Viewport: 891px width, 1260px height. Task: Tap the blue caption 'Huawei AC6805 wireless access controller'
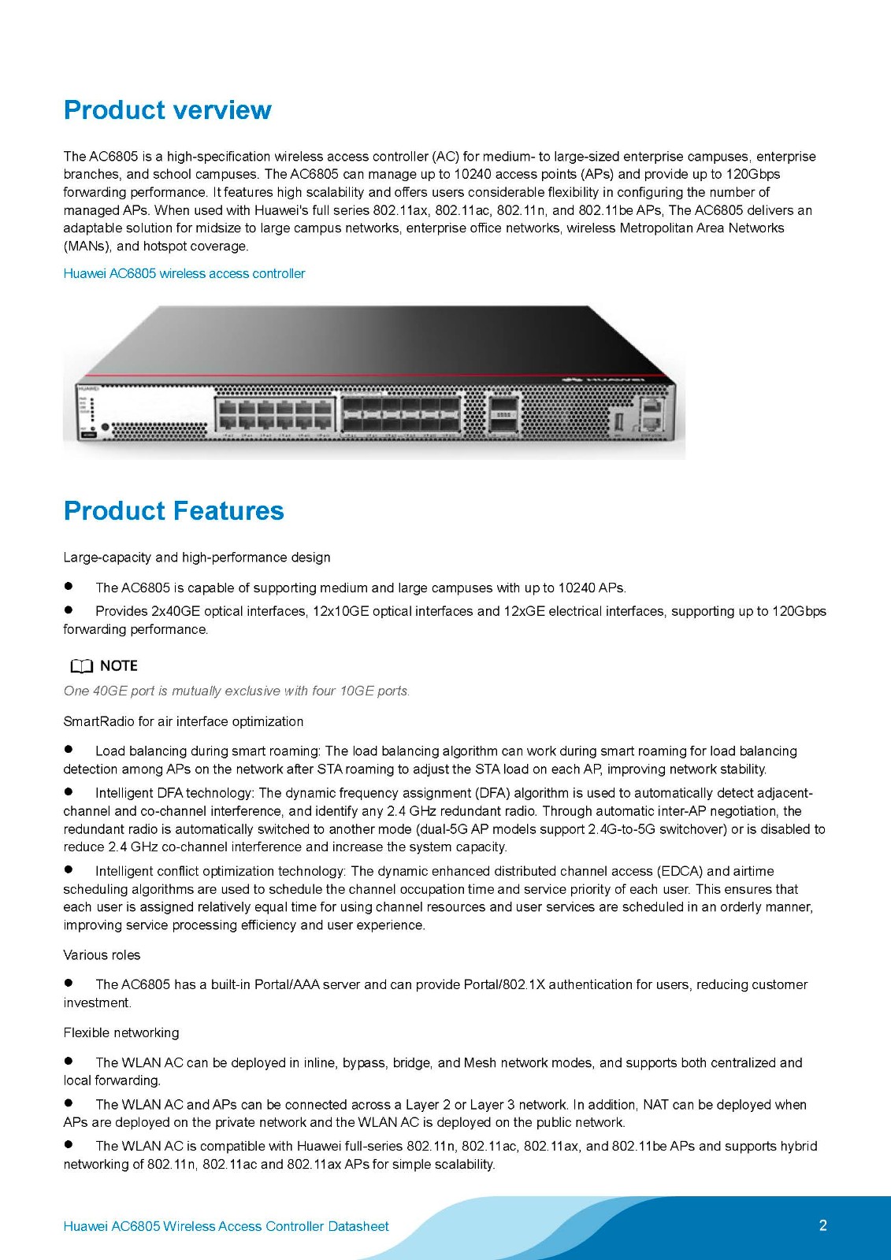pyautogui.click(x=184, y=273)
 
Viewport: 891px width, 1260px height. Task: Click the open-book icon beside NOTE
pyautogui.click(x=81, y=666)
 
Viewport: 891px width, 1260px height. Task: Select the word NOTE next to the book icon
pyautogui.click(x=119, y=665)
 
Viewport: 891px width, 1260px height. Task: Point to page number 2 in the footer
pyautogui.click(x=823, y=1225)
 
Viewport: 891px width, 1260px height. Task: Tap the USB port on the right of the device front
pyautogui.click(x=618, y=420)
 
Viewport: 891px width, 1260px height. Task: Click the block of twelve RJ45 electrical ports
pyautogui.click(x=275, y=413)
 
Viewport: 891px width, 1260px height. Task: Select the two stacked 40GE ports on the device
pyautogui.click(x=501, y=414)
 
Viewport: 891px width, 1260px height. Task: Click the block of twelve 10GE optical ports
pyautogui.click(x=401, y=413)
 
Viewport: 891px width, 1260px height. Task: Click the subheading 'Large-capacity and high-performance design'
pyautogui.click(x=197, y=558)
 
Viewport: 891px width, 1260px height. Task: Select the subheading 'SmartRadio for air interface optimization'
pyautogui.click(x=184, y=721)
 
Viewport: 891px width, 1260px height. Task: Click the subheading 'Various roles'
pyautogui.click(x=102, y=955)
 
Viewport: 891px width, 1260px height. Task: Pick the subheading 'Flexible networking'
pyautogui.click(x=121, y=1032)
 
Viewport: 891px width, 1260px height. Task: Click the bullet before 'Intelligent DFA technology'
pyautogui.click(x=69, y=791)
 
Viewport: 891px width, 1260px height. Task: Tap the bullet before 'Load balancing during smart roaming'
pyautogui.click(x=69, y=750)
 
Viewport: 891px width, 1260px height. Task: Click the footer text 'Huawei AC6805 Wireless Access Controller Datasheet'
pyautogui.click(x=226, y=1226)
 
